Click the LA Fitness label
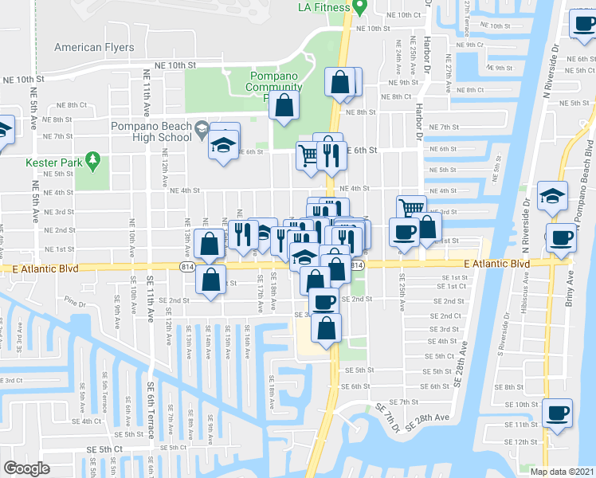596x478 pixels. tap(323, 7)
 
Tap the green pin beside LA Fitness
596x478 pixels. tap(359, 6)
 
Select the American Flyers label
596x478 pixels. tap(94, 48)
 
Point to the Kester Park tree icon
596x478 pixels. tap(93, 161)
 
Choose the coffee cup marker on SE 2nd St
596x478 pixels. tap(323, 301)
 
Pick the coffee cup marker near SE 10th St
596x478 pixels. tap(556, 413)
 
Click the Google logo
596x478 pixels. tap(26, 468)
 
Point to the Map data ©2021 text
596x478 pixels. tap(563, 472)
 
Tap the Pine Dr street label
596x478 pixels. tap(76, 303)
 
